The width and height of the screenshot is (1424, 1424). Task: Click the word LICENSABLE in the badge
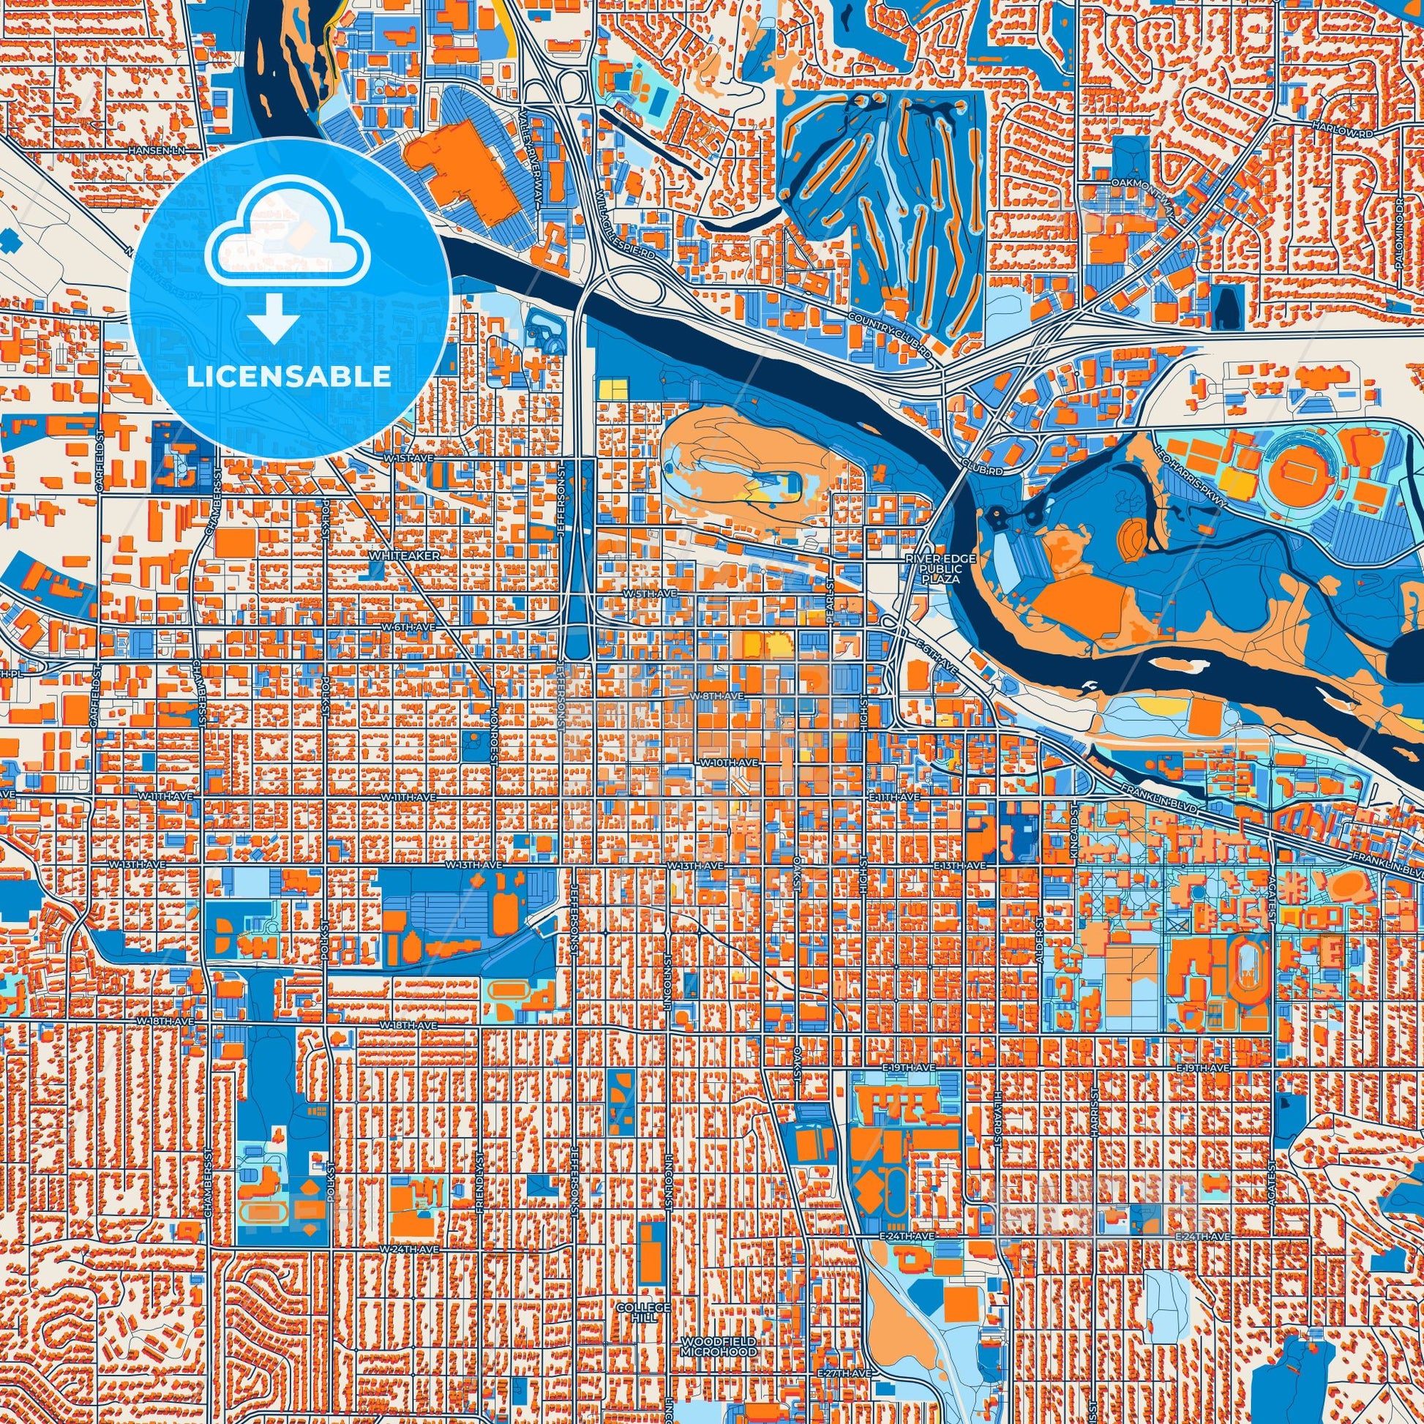point(289,376)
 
